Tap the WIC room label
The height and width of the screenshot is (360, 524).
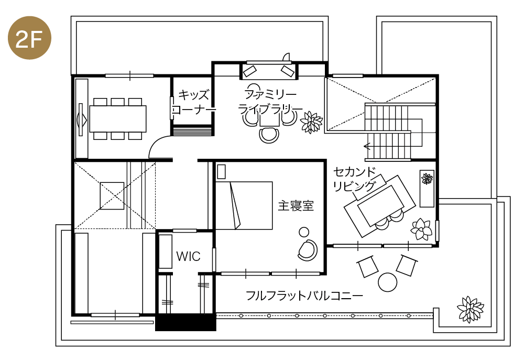[188, 257]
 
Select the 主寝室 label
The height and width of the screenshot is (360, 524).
[296, 206]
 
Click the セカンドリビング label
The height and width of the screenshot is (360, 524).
[355, 179]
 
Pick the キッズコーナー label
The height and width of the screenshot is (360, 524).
[194, 102]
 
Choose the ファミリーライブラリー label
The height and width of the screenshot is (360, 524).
[270, 102]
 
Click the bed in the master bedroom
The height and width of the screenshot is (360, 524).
[244, 205]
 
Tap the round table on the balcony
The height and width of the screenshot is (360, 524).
[388, 282]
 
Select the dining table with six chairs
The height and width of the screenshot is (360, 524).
[117, 119]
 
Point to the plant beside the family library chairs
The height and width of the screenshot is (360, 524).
[312, 123]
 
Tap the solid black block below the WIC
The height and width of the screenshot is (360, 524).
[185, 323]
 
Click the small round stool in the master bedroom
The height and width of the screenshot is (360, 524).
[303, 232]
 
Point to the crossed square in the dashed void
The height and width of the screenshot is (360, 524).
[112, 195]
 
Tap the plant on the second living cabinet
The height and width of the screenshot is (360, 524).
[427, 179]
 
